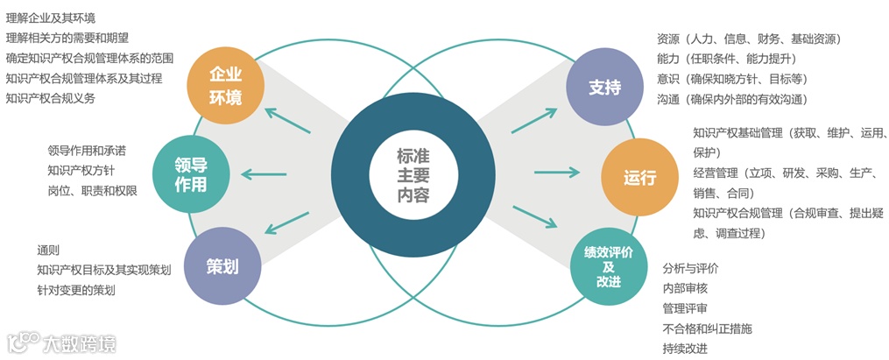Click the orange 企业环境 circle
point(225,87)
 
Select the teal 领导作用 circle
point(191,174)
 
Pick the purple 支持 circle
point(605,88)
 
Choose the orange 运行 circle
point(639,176)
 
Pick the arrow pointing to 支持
point(534,122)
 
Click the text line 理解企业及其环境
point(51,18)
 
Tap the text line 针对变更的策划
point(76,290)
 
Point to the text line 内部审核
point(686,288)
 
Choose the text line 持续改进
point(686,349)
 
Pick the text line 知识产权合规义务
point(51,98)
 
